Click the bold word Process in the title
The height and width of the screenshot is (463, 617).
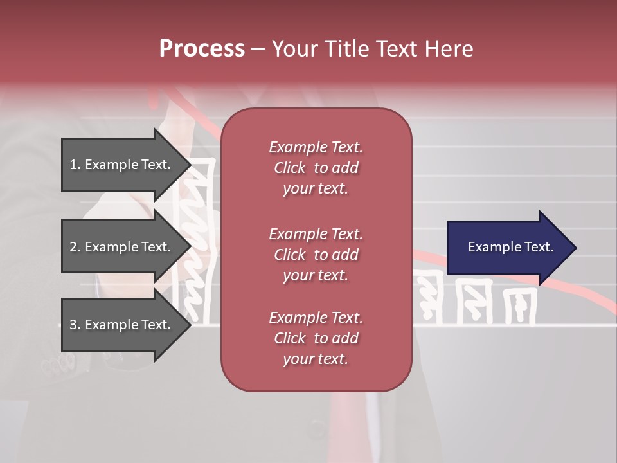click(x=202, y=49)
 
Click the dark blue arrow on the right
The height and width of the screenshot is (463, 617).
click(x=501, y=247)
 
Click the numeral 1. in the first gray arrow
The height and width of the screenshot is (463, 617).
click(x=75, y=165)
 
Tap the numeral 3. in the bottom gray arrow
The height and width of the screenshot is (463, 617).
click(x=75, y=325)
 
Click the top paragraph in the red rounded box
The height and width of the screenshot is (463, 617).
click(x=316, y=168)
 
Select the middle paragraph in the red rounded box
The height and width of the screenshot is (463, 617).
click(x=316, y=255)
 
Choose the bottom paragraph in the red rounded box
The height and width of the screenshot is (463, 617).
click(x=316, y=338)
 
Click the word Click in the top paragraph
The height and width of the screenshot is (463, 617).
click(x=289, y=168)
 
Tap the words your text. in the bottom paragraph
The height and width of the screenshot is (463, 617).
click(x=316, y=359)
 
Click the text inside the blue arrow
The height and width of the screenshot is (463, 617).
click(x=510, y=247)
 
